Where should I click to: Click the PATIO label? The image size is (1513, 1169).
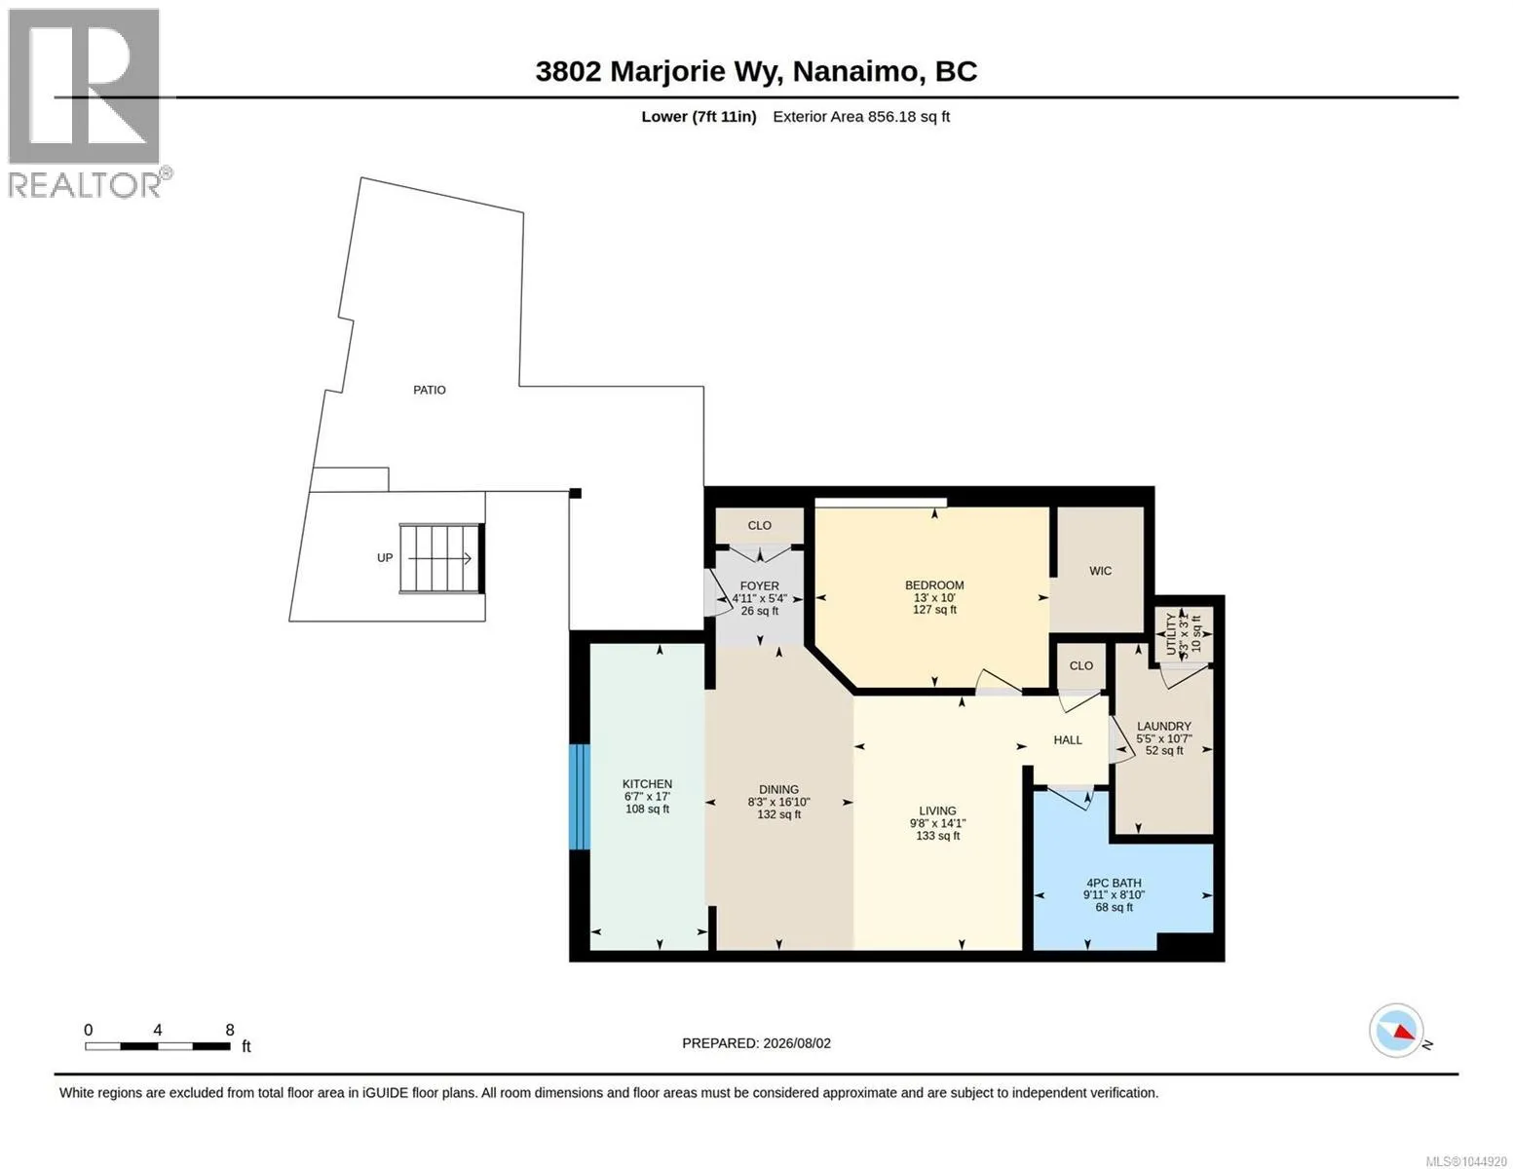429,390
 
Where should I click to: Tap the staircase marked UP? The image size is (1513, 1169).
440,558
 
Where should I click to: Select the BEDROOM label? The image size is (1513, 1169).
934,585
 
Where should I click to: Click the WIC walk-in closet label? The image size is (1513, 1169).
1100,571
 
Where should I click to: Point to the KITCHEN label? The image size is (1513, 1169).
647,784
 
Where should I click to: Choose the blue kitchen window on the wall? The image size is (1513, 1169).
580,797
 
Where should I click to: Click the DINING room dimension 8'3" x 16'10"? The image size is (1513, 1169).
778,802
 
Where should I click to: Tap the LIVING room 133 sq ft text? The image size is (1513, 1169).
937,836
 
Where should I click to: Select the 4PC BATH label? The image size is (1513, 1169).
1114,883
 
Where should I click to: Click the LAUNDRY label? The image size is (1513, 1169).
1163,726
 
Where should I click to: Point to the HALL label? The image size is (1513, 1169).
1068,740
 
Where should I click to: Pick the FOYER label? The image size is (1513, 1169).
759,586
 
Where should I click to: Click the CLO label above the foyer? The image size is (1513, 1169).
759,526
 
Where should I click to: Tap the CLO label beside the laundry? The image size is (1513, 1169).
1080,665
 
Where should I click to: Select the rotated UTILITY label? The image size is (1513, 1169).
1170,633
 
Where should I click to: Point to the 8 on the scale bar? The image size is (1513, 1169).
230,1030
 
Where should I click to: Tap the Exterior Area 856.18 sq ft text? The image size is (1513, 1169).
860,116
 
